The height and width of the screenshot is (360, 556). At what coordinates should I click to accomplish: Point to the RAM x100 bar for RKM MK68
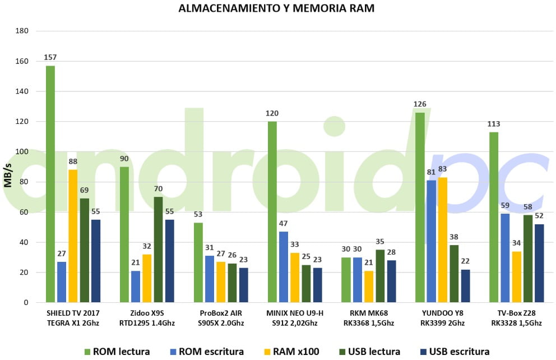(x=368, y=287)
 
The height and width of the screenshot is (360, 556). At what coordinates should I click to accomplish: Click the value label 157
(x=50, y=57)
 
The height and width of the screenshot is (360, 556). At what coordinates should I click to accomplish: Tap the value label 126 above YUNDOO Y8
(x=420, y=104)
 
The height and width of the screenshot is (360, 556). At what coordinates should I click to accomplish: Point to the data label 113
(x=494, y=124)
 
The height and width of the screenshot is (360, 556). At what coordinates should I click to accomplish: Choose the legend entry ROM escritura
(x=207, y=352)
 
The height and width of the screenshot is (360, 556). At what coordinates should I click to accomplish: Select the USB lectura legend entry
(x=368, y=352)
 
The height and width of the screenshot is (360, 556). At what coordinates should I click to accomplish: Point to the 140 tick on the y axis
(x=22, y=91)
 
